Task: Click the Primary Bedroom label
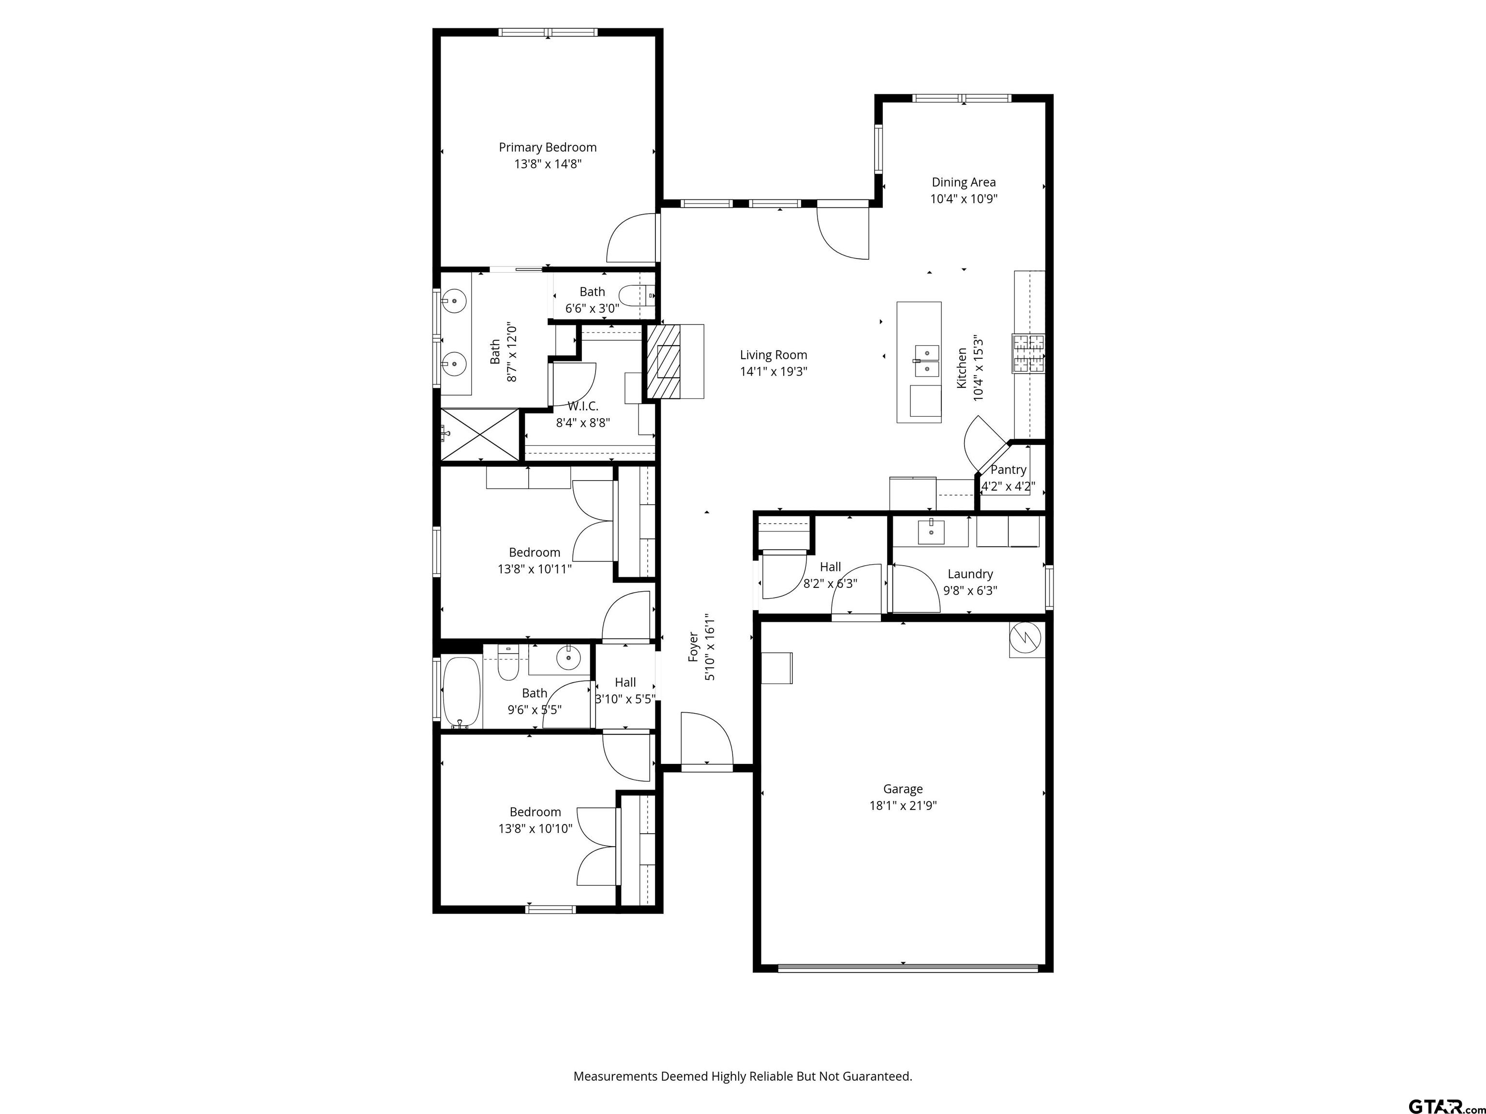point(548,147)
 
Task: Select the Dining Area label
point(964,182)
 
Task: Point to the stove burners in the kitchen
point(1028,353)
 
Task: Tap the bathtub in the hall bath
point(461,692)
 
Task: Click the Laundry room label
point(970,573)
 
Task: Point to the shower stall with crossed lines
point(480,435)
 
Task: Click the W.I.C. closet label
point(582,406)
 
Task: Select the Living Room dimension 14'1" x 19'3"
point(773,371)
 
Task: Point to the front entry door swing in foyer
point(705,739)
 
